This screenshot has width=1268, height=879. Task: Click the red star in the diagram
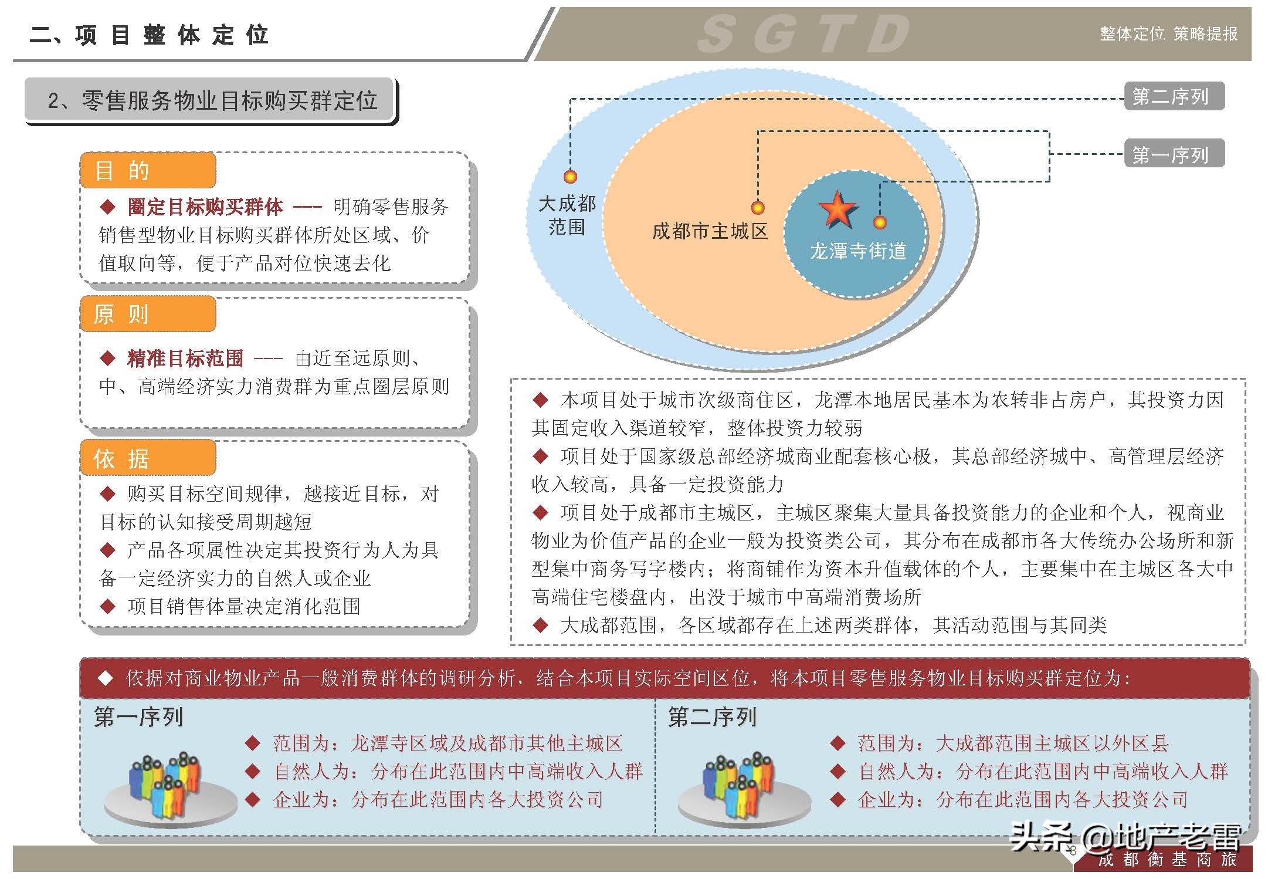click(x=837, y=209)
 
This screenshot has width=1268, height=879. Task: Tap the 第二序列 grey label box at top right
click(x=1174, y=96)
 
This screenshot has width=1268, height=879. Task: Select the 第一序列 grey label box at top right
click(x=1174, y=154)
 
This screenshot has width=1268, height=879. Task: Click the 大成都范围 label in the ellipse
click(x=567, y=215)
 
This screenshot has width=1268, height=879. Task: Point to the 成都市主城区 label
click(x=710, y=231)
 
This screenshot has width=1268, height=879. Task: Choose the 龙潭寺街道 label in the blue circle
click(x=857, y=251)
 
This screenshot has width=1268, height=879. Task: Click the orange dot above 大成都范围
click(x=570, y=176)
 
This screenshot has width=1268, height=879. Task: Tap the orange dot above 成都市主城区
click(x=758, y=207)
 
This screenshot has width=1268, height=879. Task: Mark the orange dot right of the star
click(x=880, y=222)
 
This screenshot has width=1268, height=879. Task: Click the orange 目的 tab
click(x=148, y=171)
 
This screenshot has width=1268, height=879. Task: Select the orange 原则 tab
click(x=148, y=315)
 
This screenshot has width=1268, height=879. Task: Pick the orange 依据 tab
click(x=148, y=458)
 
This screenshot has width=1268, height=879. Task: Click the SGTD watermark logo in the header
click(x=803, y=34)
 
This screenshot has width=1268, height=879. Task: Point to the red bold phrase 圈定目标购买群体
click(x=205, y=207)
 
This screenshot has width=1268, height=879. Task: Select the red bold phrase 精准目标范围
click(x=185, y=358)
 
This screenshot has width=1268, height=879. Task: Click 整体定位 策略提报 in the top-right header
click(x=1168, y=34)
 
